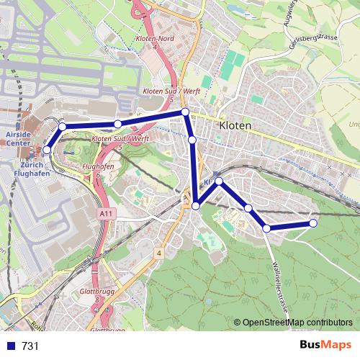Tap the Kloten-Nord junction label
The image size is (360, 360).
click(150, 42)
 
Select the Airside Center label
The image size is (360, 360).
click(17, 138)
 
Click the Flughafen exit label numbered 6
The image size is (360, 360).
click(99, 170)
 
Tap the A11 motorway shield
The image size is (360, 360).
click(106, 214)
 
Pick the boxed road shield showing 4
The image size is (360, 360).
click(158, 253)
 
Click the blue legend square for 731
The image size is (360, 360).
click(9, 346)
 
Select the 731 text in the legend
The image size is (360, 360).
click(30, 346)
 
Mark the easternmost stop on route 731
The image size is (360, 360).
click(313, 223)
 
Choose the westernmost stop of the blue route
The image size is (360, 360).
click(47, 150)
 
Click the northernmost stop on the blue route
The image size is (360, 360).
click(185, 112)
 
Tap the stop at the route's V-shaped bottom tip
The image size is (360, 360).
click(196, 206)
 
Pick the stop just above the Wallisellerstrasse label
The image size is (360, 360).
click(266, 228)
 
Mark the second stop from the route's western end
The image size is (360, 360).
click(62, 127)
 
